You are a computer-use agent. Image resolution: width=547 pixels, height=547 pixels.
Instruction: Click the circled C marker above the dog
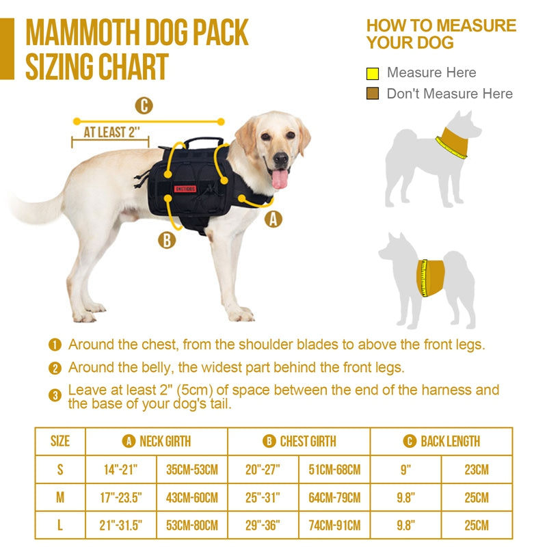point(144,106)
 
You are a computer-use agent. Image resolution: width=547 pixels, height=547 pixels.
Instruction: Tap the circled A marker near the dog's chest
point(273,219)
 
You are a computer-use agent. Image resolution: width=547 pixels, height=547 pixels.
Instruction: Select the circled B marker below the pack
point(166,240)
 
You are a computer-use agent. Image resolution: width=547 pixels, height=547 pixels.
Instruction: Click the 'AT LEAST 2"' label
point(110,132)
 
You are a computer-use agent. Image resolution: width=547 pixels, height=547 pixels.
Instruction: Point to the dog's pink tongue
point(280,180)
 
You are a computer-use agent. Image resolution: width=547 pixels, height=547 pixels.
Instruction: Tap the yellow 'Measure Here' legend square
point(373,73)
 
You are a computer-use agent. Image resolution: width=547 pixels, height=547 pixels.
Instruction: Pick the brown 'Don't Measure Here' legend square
point(373,94)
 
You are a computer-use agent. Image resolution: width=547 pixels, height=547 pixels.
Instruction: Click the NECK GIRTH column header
point(157,442)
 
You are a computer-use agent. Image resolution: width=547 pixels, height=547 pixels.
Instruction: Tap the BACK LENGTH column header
point(442,442)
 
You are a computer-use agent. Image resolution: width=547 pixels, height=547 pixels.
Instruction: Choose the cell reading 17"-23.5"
point(121,498)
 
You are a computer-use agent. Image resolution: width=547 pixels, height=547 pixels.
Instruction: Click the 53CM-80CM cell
point(192,526)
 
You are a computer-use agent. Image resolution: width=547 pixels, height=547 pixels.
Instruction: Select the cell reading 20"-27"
point(263,470)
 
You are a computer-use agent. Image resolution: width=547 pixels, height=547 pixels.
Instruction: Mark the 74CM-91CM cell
point(334,526)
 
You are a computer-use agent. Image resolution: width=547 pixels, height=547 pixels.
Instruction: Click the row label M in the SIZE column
point(60,498)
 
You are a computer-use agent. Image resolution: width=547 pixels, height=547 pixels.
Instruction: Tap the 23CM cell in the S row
point(477,470)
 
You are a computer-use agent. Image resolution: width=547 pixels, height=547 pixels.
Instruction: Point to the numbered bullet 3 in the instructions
point(55,395)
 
